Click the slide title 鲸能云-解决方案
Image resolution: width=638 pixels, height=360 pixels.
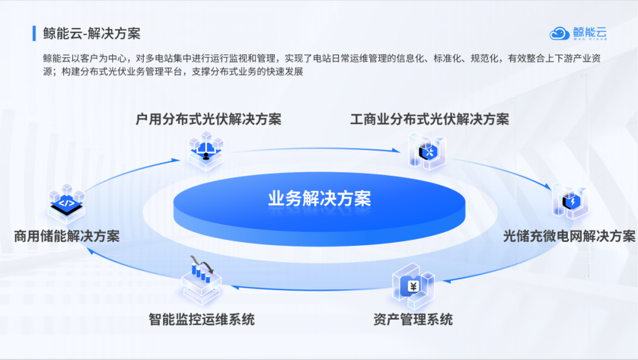92,33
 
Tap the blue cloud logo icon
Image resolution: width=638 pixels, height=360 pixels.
559,33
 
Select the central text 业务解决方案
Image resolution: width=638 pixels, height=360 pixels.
320,199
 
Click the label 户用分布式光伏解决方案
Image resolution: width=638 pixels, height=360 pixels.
209,119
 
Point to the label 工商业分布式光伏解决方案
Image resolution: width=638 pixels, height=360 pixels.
429,119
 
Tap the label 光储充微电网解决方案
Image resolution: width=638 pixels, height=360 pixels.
569,236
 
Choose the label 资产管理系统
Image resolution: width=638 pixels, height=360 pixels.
413,320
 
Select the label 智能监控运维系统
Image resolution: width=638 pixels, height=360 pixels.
201,320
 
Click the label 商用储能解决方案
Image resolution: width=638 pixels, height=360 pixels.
67,236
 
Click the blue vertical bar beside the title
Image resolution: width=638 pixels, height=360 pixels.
34,33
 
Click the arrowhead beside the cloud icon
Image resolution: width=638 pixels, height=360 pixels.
175,158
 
